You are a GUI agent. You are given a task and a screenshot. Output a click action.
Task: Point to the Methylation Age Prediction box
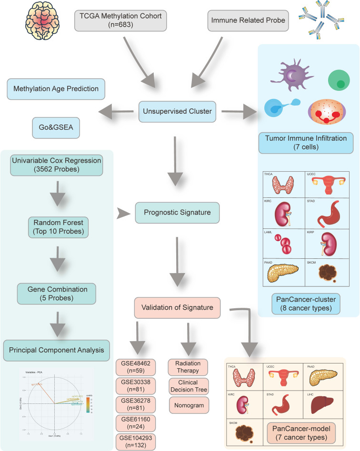pos(56,89)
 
